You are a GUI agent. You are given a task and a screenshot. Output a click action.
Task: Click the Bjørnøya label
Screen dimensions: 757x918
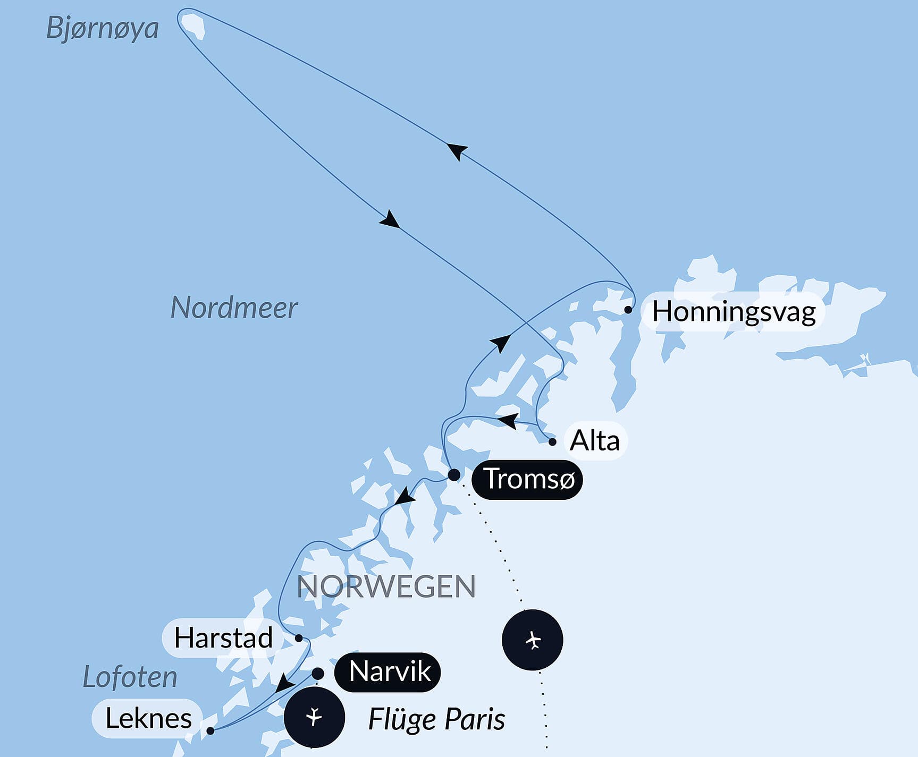point(103,28)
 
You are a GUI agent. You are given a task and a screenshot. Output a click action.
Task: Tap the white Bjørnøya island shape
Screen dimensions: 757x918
point(192,25)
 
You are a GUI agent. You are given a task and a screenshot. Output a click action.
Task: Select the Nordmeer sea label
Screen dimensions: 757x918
point(234,308)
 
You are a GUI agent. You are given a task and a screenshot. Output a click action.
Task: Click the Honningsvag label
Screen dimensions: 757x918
point(734,311)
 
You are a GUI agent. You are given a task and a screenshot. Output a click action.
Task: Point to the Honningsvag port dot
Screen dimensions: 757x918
point(628,309)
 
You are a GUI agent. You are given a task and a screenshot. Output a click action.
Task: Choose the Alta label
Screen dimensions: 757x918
point(595,441)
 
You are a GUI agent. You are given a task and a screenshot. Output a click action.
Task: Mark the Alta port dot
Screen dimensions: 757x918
point(552,441)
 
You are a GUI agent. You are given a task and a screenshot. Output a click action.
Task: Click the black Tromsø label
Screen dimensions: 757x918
point(528,479)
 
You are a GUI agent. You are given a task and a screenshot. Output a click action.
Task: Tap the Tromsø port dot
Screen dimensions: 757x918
point(454,474)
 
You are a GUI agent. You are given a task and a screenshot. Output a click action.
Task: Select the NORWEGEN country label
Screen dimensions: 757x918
point(386,586)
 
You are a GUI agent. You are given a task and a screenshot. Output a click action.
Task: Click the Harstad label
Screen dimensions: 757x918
point(223,637)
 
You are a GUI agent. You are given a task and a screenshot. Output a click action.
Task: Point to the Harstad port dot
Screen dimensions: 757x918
point(299,638)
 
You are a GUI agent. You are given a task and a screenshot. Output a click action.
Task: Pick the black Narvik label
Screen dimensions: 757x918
point(388,672)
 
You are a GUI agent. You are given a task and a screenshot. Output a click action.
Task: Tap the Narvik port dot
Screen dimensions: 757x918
point(318,674)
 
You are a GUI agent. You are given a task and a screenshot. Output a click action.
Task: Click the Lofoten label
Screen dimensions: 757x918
point(130,677)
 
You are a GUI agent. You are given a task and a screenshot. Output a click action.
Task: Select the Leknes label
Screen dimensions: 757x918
point(148,719)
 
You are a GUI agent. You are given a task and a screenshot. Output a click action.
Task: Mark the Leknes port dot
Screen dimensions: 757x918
point(210,731)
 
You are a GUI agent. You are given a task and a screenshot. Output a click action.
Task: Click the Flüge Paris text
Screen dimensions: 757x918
point(436,720)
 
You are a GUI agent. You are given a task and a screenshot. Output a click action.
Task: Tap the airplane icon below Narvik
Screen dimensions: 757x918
point(314,717)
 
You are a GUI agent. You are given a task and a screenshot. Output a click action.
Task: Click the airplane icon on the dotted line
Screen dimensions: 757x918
point(533,640)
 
